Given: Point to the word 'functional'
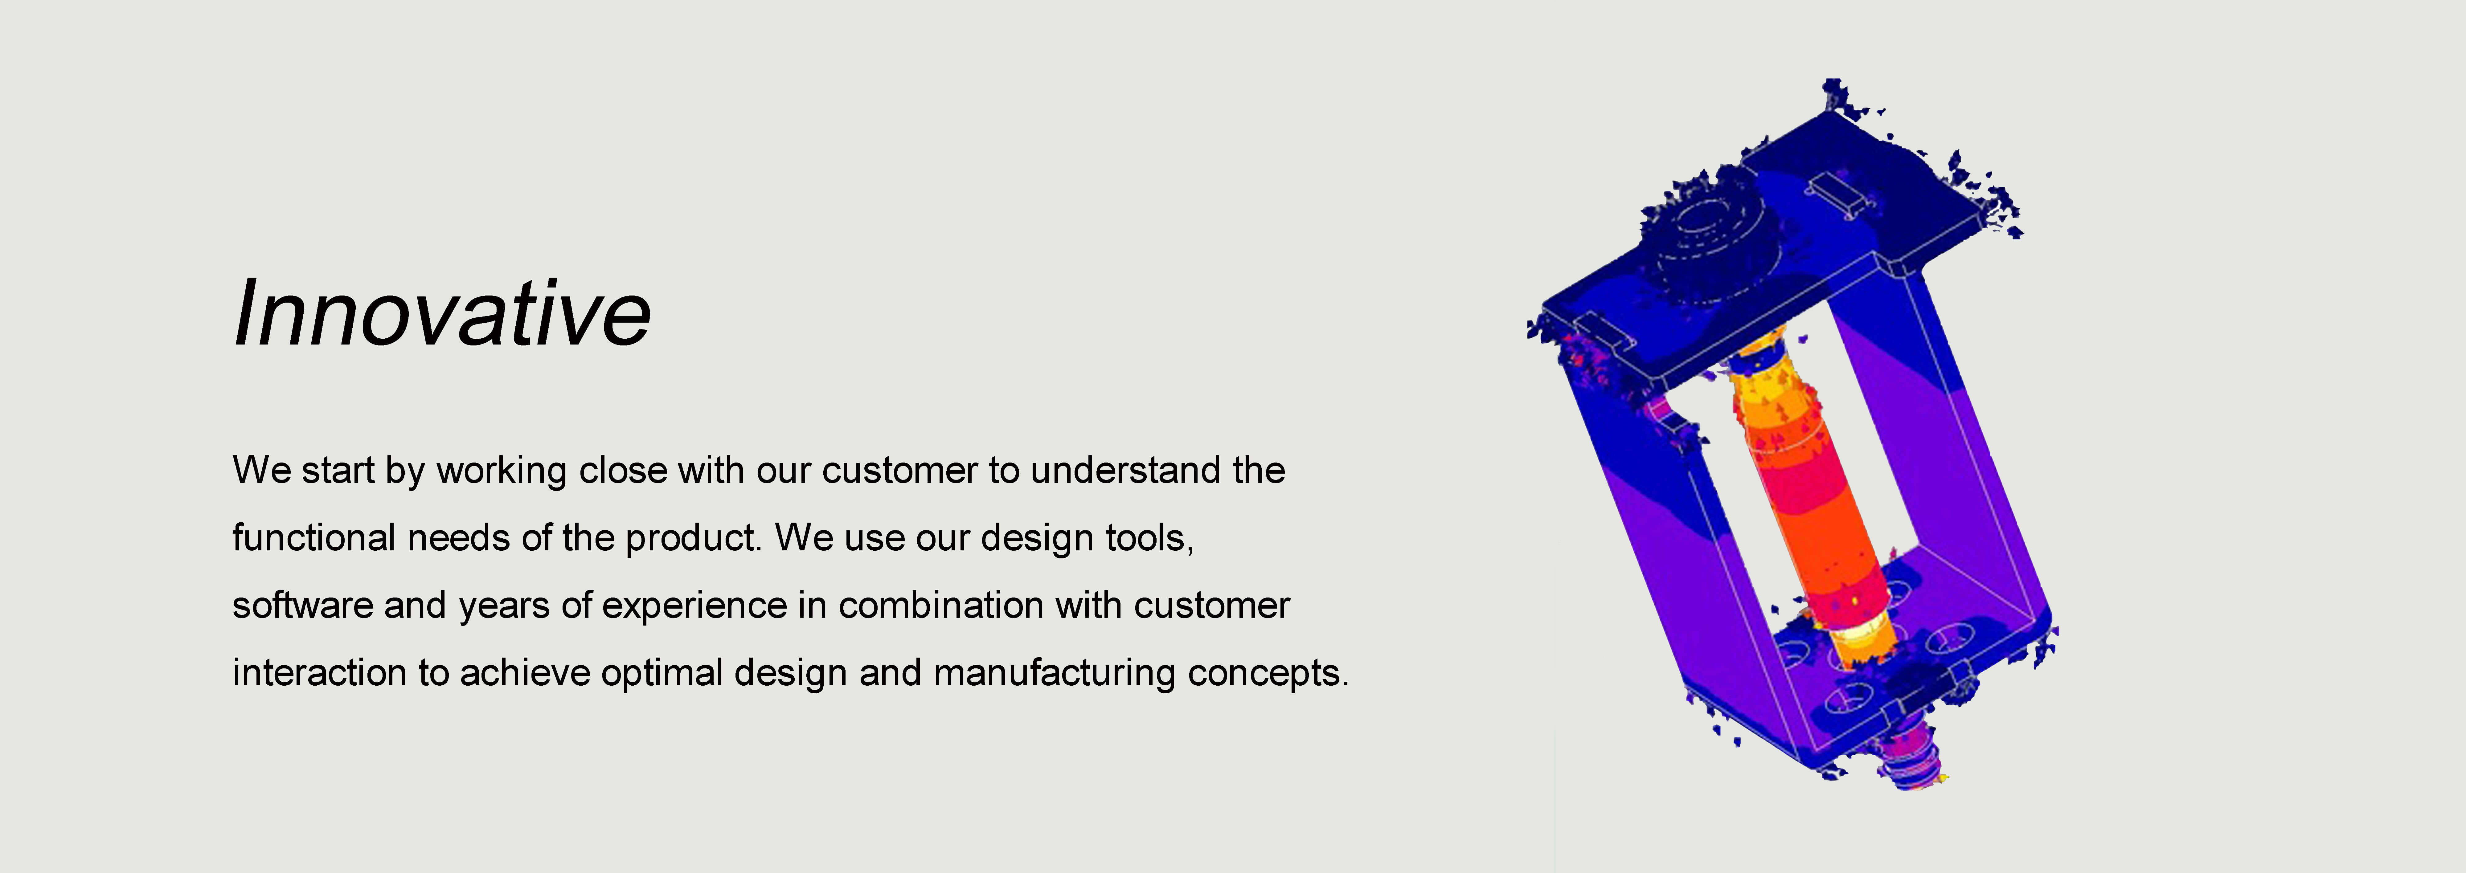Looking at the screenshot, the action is (x=313, y=538).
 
